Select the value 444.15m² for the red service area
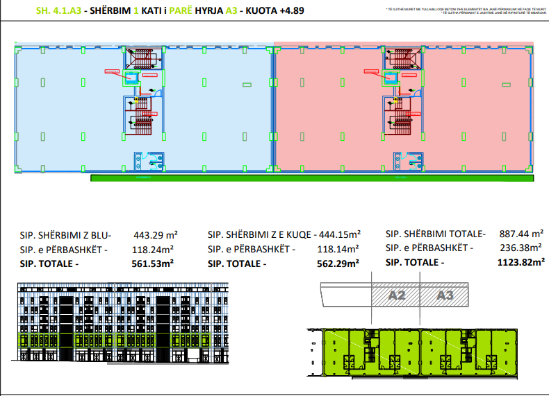(339, 235)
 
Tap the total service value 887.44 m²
(521, 235)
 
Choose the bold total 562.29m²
(339, 264)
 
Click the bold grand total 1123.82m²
(521, 263)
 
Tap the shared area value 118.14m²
(338, 249)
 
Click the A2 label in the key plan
(397, 295)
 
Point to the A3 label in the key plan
(445, 295)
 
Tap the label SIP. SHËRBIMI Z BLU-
(65, 235)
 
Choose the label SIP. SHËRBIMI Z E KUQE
(262, 235)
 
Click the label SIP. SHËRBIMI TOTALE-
(436, 235)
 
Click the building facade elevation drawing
(122, 321)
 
